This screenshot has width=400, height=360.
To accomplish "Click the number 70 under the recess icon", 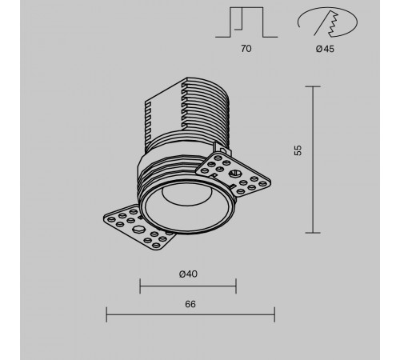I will coord(246,49).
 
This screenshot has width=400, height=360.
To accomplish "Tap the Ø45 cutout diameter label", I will coord(324,49).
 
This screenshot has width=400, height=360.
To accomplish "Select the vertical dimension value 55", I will coord(298,151).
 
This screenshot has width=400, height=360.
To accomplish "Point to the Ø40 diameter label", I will coord(188,274).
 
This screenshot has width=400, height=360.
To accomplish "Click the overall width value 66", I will coord(190,304).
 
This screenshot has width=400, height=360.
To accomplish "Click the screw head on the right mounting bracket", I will coord(235,173).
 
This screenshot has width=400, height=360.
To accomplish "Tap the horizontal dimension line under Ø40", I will coord(188,286).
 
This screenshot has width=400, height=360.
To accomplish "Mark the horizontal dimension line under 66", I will coord(190,315).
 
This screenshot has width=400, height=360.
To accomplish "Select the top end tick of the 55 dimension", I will coord(312,86).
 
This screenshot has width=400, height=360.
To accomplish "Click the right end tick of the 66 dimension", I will coord(274,315).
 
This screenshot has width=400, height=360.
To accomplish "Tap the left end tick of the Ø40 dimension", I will coord(141,286).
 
